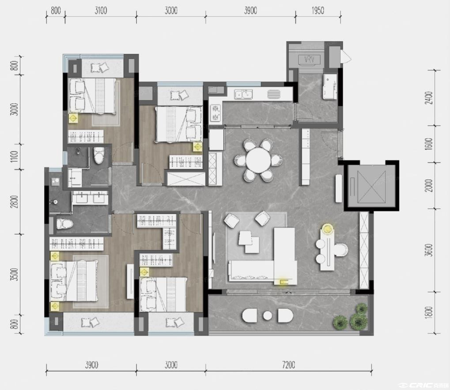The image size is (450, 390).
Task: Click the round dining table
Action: click(258, 161)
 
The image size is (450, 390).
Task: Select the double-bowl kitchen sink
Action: click(243, 94)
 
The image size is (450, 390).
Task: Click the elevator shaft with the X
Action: click(372, 186)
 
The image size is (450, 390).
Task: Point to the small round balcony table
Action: click(268, 316)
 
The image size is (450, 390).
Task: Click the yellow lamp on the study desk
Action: click(327, 229)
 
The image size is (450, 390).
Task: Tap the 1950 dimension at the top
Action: click(318, 11)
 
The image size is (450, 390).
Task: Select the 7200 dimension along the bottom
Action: click(288, 365)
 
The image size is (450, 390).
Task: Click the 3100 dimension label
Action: click(101, 11)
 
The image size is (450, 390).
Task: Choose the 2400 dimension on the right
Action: click(429, 98)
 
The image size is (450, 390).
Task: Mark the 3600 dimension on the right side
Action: click(429, 250)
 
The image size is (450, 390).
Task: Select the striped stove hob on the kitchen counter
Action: click(274, 94)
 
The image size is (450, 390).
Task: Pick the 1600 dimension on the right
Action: click(429, 144)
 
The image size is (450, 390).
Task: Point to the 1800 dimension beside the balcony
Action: click(429, 313)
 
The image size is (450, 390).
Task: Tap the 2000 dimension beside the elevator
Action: click(429, 186)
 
